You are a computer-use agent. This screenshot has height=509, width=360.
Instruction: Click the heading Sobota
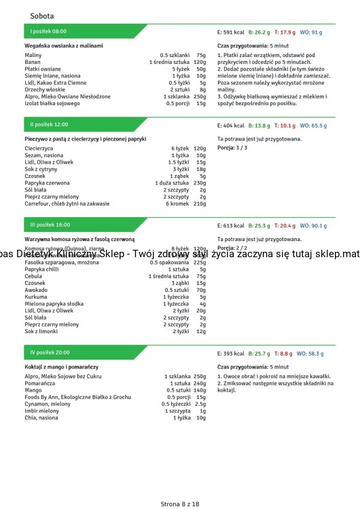point(42,16)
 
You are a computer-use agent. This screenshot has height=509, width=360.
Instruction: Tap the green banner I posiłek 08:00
point(49,31)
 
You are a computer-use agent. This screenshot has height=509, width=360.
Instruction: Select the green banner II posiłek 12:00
point(50,125)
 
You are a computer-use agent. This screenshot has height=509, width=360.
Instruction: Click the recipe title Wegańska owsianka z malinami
point(64,45)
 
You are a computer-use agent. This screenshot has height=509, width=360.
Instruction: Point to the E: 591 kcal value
point(230,32)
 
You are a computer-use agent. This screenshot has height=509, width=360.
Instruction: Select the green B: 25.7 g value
point(259,354)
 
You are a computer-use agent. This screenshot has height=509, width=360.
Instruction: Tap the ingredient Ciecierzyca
point(39,148)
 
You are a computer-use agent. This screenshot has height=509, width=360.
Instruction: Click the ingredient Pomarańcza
point(41,383)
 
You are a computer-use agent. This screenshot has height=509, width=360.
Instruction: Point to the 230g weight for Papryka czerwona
point(200,183)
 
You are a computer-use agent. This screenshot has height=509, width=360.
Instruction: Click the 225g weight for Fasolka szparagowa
point(200,262)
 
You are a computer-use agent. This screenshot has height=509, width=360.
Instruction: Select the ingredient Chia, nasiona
point(42,417)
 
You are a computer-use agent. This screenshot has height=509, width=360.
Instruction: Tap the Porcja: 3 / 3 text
point(232,147)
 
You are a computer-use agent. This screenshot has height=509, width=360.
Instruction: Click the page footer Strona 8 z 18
point(180,485)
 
